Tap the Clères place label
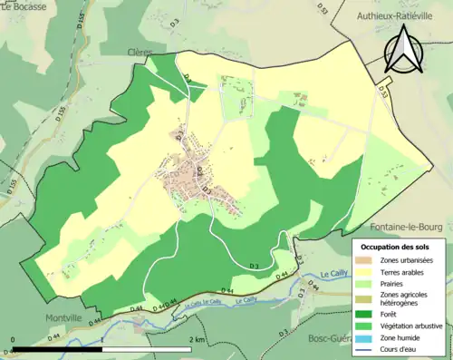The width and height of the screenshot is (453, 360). coord(140,54)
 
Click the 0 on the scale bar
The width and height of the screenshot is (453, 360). coord(14,339)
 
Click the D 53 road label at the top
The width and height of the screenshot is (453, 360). coord(323,9)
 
